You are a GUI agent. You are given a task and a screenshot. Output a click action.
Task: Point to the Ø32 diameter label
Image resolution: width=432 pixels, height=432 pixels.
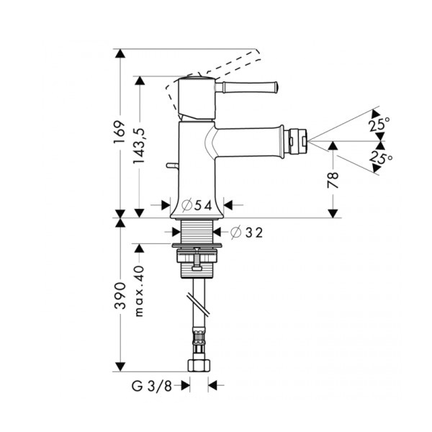pyautogui.click(x=246, y=232)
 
